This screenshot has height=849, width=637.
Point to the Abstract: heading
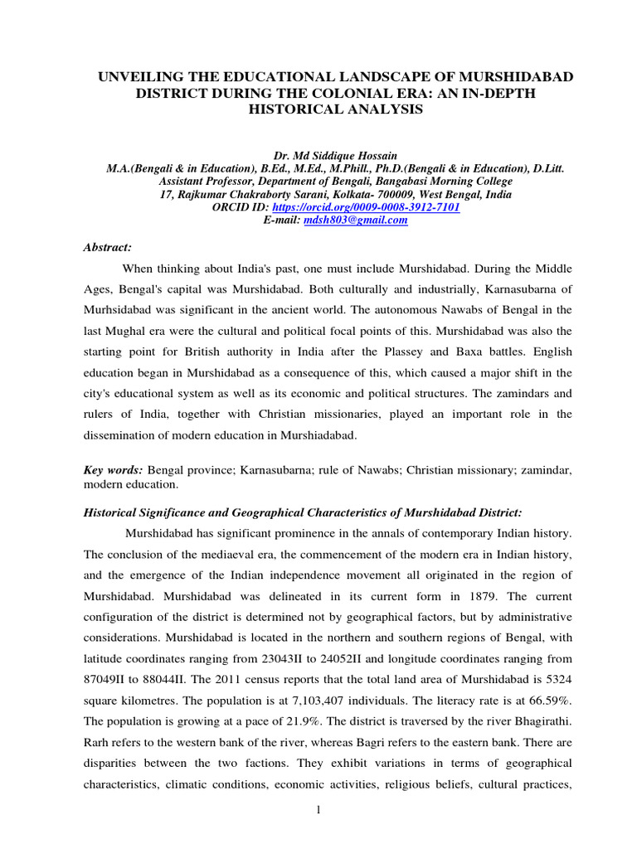[x=108, y=247]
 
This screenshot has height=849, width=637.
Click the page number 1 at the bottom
[x=318, y=810]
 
